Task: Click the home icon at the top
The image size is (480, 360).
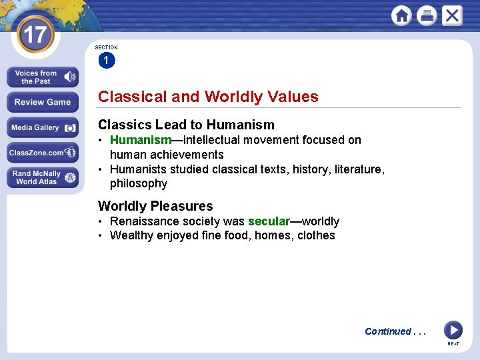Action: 401,15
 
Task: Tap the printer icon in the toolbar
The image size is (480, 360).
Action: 427,15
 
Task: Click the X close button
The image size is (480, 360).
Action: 451,15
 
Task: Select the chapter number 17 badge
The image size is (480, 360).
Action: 34,35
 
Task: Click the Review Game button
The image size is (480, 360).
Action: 43,102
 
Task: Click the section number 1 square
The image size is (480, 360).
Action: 106,61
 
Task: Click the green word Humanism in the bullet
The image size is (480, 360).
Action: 141,140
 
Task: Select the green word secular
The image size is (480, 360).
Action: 269,221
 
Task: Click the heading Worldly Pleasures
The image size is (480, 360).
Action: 155,206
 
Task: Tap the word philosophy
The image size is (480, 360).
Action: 139,183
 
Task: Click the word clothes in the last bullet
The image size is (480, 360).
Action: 316,235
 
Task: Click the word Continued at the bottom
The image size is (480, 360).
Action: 388,331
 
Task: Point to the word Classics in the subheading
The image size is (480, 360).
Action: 124,125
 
